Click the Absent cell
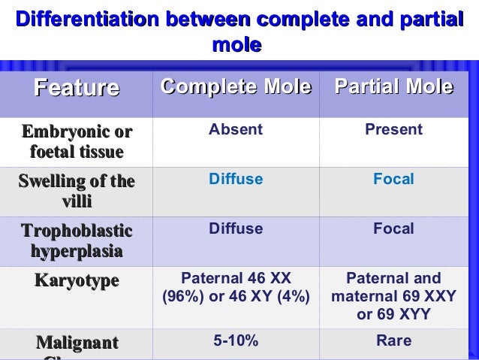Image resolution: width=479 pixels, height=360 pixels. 236,130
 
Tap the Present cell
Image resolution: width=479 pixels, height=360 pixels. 393,130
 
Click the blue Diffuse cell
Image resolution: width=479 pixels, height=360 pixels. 236,180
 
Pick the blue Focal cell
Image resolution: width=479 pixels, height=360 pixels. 393,180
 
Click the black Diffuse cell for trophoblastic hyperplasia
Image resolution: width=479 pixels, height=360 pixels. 236,228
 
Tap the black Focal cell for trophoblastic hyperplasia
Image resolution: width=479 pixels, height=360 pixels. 393,228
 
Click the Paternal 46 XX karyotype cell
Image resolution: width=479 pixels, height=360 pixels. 236,287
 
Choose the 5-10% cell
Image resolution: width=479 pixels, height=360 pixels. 236,341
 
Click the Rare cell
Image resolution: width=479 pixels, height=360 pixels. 393,341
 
